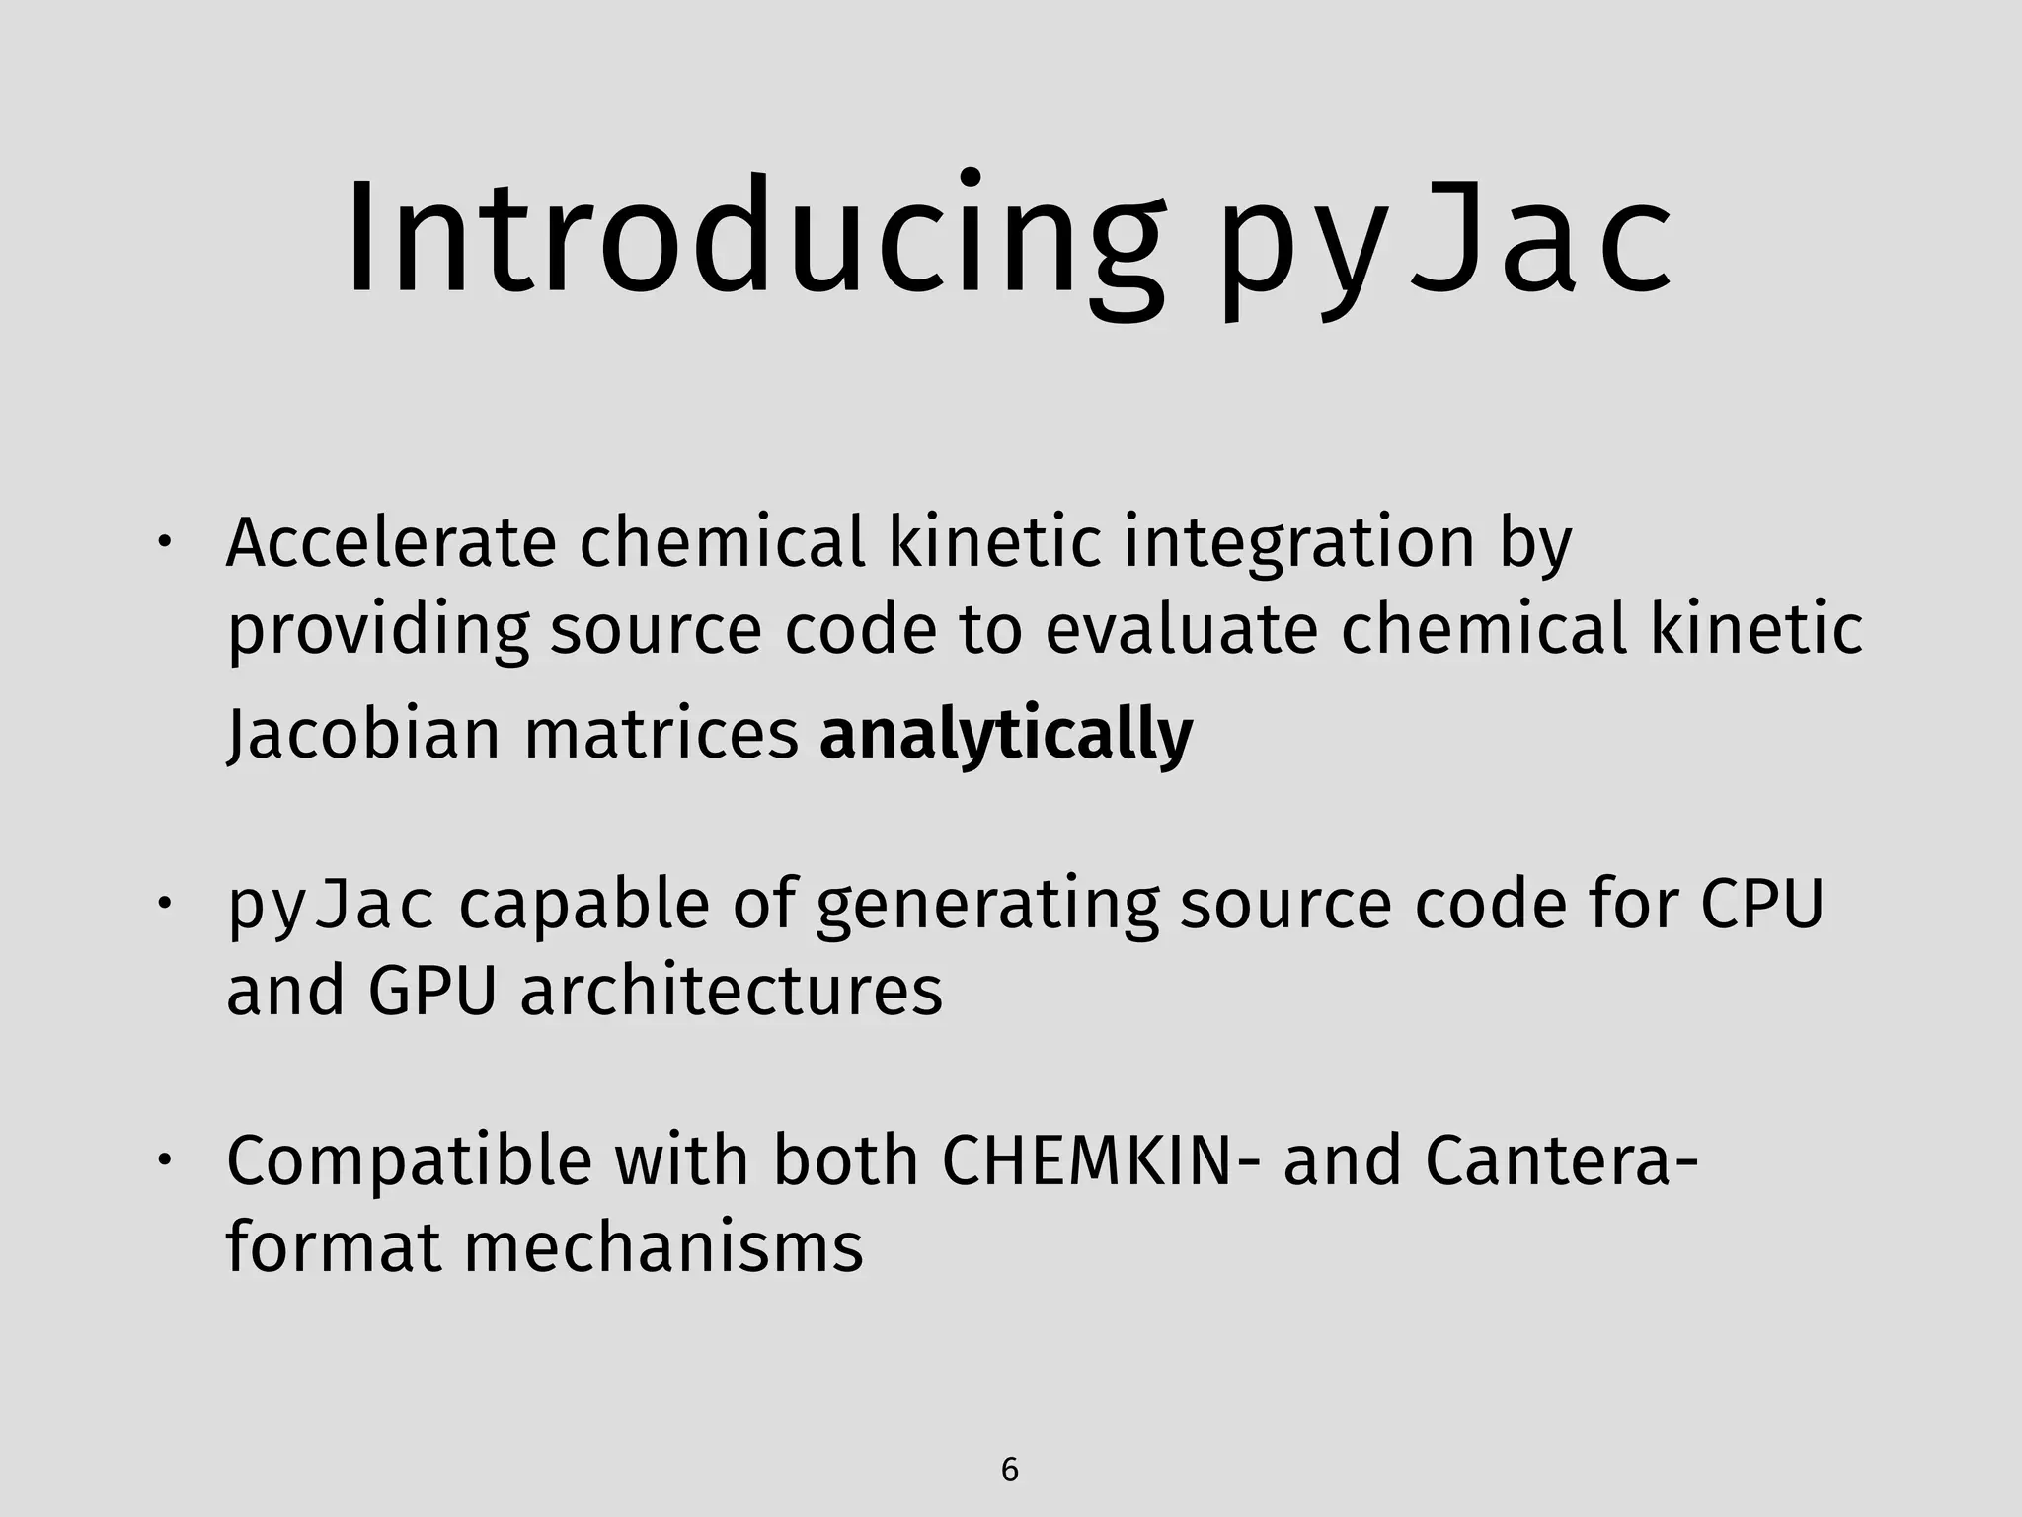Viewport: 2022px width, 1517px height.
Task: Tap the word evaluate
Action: pyautogui.click(x=1182, y=629)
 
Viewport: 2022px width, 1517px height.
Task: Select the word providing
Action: pyautogui.click(x=377, y=629)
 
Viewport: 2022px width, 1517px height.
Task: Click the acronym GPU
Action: pyautogui.click(x=431, y=992)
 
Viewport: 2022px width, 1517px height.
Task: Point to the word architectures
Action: pyautogui.click(x=732, y=992)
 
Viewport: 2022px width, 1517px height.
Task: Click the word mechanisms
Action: pyautogui.click(x=663, y=1247)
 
